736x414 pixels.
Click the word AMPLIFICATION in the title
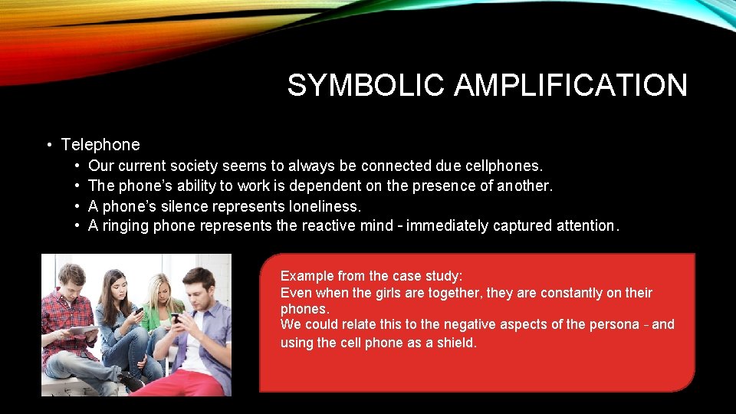point(570,85)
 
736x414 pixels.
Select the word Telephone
point(100,144)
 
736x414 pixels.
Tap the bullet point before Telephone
point(48,145)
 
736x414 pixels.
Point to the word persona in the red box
point(614,324)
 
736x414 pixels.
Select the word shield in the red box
point(455,343)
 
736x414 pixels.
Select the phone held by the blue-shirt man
point(176,317)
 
